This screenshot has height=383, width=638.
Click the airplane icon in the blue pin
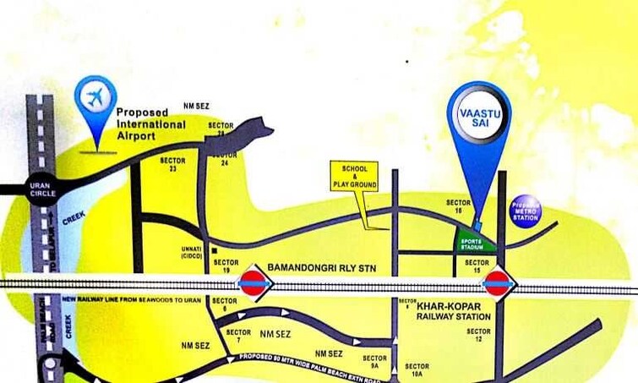(95, 96)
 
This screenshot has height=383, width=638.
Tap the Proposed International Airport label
(150, 124)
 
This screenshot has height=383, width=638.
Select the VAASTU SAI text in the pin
(479, 118)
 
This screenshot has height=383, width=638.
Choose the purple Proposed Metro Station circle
(526, 211)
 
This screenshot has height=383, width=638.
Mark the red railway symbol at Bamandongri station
(254, 283)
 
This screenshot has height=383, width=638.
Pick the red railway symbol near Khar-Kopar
(498, 282)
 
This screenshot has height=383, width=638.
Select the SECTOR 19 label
(226, 266)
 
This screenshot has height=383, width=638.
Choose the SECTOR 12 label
(478, 335)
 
